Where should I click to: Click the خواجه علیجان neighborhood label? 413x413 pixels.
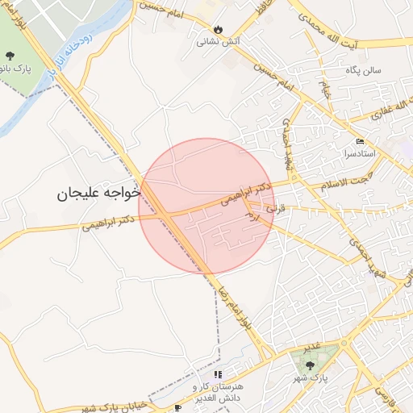point(99,194)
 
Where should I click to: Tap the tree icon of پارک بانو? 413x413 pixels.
point(10,56)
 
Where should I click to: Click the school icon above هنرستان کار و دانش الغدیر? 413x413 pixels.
point(218,375)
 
